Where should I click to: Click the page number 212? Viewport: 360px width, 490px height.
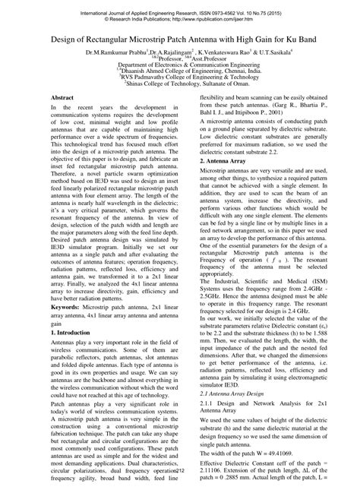[x=180, y=471]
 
